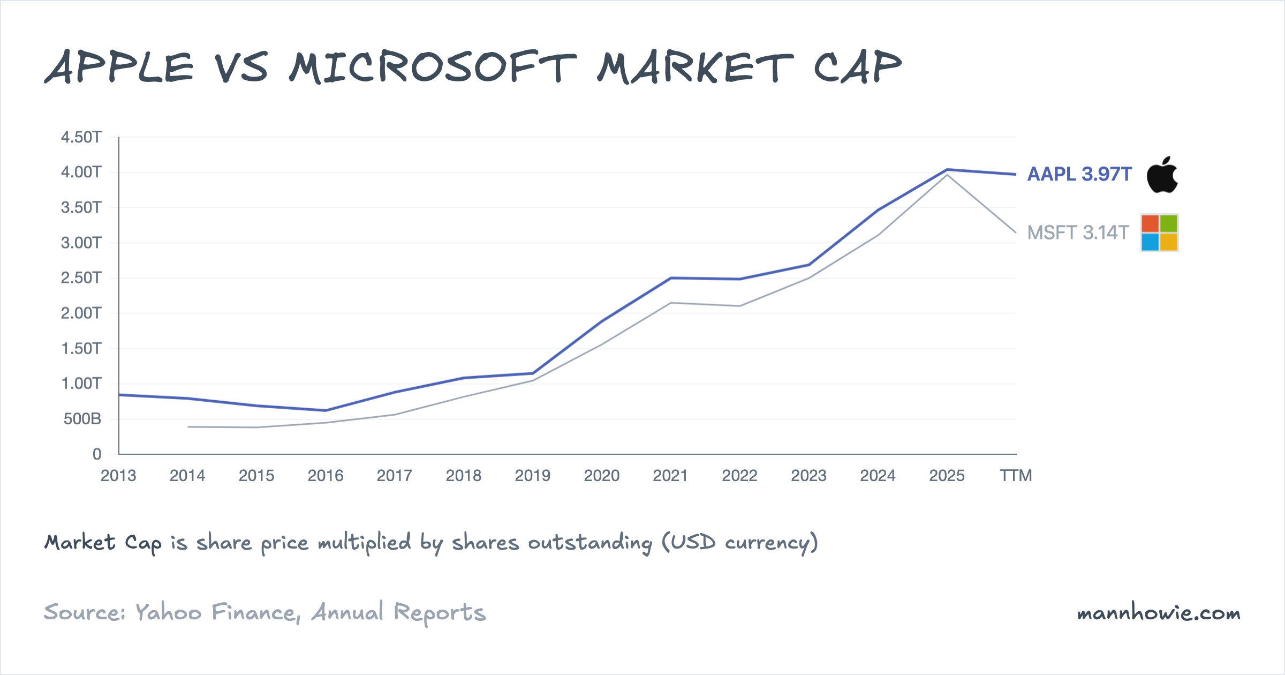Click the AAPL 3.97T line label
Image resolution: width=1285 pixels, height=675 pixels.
(x=1079, y=174)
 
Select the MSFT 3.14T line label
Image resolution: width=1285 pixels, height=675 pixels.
(x=1077, y=232)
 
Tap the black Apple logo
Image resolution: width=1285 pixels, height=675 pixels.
(x=1162, y=175)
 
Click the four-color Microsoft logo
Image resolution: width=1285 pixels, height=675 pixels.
(x=1159, y=232)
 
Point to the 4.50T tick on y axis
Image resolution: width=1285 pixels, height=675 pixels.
(x=81, y=137)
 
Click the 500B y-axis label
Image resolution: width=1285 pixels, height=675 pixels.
(x=82, y=419)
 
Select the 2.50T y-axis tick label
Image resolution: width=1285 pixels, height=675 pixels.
(x=81, y=277)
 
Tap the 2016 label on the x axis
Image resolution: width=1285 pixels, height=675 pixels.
(x=326, y=476)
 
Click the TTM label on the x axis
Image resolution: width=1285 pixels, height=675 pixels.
(x=1016, y=476)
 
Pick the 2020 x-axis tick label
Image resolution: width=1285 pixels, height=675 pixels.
(x=601, y=476)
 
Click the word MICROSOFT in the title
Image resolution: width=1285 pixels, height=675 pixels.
(x=433, y=68)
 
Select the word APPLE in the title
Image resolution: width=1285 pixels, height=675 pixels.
(x=119, y=68)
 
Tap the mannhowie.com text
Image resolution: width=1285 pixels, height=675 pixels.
(x=1158, y=613)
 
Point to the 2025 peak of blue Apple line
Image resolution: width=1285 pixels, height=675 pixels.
(x=947, y=170)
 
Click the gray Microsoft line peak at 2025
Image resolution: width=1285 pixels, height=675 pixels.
(x=947, y=175)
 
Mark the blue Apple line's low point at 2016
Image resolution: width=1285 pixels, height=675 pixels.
(x=326, y=410)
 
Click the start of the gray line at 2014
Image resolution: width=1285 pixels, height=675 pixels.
(x=188, y=427)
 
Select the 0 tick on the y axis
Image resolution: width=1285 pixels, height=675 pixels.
(x=97, y=454)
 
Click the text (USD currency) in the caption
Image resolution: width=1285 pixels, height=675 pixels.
(x=739, y=543)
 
